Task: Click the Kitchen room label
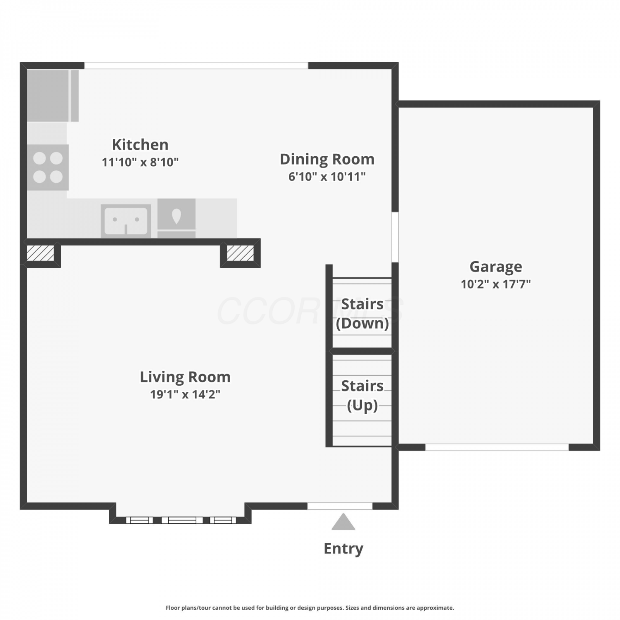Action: [x=140, y=145]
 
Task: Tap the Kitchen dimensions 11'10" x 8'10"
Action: [x=140, y=162]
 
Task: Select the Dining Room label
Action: [x=327, y=159]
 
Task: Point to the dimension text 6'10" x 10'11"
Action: [x=327, y=176]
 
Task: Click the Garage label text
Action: [x=496, y=267]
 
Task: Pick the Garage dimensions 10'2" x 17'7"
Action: [x=496, y=284]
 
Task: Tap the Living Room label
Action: [x=185, y=377]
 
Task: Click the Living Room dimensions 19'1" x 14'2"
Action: [x=185, y=394]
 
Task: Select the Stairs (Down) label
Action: [x=362, y=314]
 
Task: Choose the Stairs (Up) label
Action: [x=362, y=396]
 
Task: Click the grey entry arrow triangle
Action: [x=343, y=522]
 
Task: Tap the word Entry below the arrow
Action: [x=343, y=548]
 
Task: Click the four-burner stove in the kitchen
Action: [x=48, y=167]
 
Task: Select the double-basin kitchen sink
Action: [x=126, y=221]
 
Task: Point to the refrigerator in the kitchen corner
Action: [x=53, y=96]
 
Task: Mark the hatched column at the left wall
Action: [x=41, y=253]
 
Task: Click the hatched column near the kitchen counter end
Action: [x=240, y=253]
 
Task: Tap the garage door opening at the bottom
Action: [x=497, y=447]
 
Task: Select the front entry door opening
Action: [x=340, y=506]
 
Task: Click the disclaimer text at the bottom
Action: [x=310, y=608]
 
